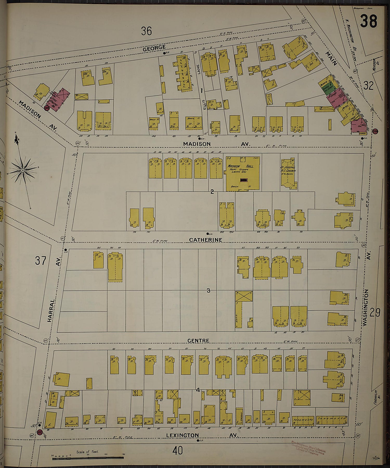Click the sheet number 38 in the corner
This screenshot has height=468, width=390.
click(x=368, y=21)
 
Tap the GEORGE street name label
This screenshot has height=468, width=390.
click(x=154, y=48)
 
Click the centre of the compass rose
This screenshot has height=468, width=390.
click(x=23, y=170)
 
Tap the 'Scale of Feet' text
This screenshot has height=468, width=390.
click(x=87, y=452)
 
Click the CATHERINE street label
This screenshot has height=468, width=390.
click(x=205, y=240)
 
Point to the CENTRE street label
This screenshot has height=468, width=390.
click(x=198, y=340)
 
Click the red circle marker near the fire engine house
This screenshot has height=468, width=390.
click(x=47, y=108)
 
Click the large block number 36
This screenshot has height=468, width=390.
click(x=146, y=31)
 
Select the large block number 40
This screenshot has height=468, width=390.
click(x=178, y=450)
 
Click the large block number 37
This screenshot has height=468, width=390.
click(x=41, y=260)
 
